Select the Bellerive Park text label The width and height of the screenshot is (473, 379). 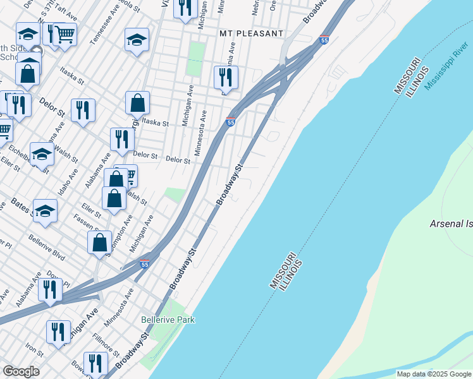coord(168,320)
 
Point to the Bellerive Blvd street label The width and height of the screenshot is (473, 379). coord(46,248)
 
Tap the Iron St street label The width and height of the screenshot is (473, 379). coord(34,349)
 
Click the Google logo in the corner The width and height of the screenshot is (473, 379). coord(21,371)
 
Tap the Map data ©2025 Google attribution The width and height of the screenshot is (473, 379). coord(433,374)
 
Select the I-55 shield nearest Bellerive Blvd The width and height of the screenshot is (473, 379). coord(145,264)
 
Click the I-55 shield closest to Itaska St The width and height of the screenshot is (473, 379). coord(230,121)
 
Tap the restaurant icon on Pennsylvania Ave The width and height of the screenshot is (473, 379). coord(226,78)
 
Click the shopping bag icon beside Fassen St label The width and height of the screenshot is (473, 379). coord(99,242)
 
